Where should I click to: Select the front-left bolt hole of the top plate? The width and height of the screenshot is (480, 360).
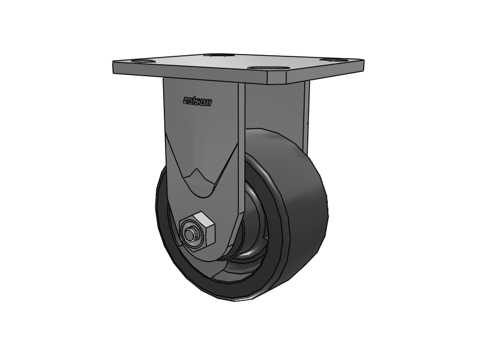(x=138, y=61)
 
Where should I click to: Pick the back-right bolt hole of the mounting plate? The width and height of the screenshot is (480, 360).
(x=329, y=59)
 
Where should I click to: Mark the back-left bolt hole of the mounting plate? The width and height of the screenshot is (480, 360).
(x=215, y=56)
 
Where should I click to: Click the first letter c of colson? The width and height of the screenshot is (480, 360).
(x=186, y=101)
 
